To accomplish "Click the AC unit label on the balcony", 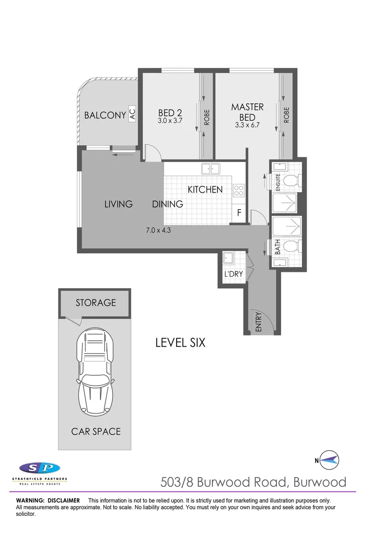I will (x=132, y=114).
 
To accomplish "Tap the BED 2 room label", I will (x=170, y=113).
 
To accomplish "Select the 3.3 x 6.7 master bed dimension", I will (x=247, y=125).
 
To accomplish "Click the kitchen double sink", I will (x=210, y=169).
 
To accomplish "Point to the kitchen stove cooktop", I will (x=239, y=190).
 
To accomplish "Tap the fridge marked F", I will (x=239, y=213).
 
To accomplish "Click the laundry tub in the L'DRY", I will (x=228, y=259).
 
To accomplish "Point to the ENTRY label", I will (x=258, y=322).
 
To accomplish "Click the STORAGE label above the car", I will (x=96, y=302).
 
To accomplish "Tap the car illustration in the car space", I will (x=95, y=374).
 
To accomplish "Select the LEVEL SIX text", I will (x=180, y=343).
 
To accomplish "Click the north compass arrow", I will (x=329, y=461).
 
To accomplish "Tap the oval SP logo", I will (x=40, y=468).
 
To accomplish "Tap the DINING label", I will (x=168, y=204).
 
